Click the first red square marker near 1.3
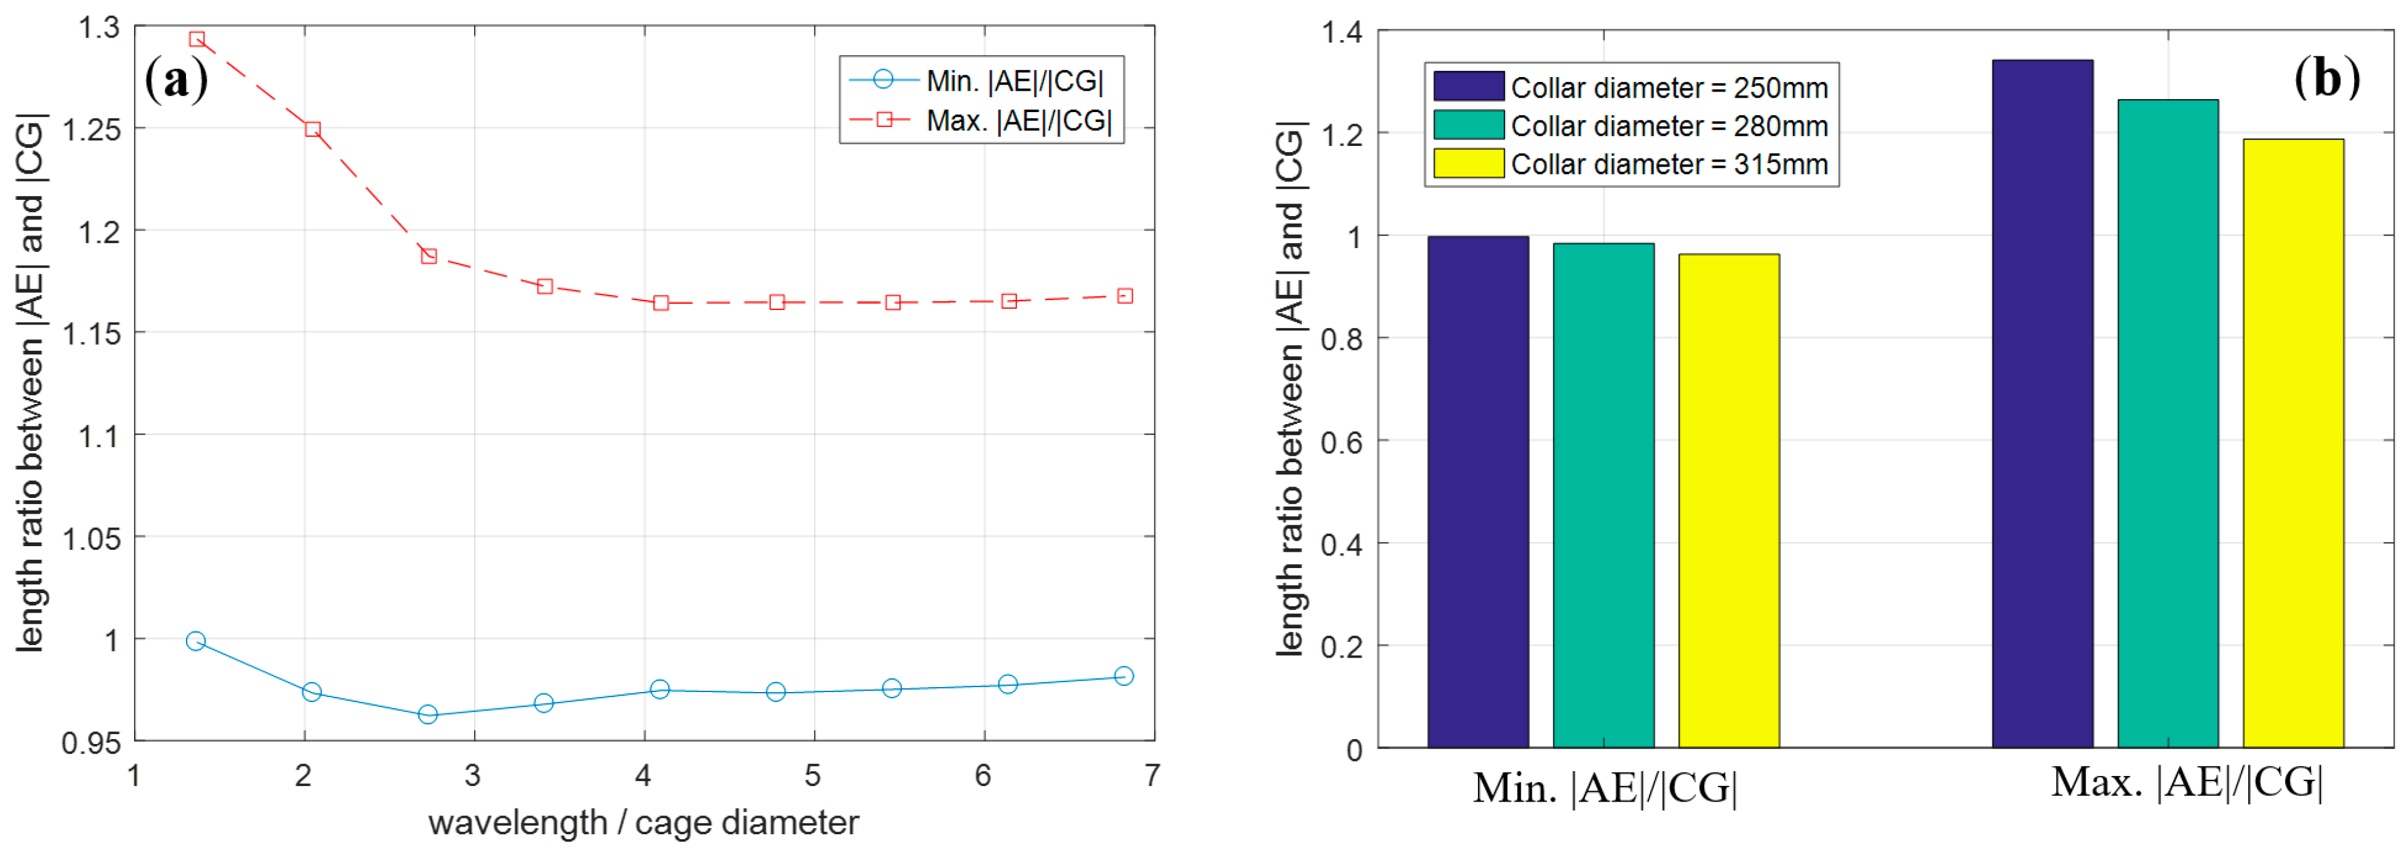click(x=196, y=39)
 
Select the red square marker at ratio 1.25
click(x=313, y=129)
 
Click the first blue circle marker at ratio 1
click(x=195, y=641)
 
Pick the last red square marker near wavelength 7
click(x=1125, y=296)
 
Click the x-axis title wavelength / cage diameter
click(x=643, y=822)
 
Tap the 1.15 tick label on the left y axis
click(x=91, y=334)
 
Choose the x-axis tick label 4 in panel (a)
click(x=643, y=775)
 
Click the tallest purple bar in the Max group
click(x=2042, y=402)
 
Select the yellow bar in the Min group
click(x=1728, y=500)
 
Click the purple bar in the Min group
click(x=1478, y=491)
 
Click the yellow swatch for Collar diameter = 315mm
click(x=1469, y=163)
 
